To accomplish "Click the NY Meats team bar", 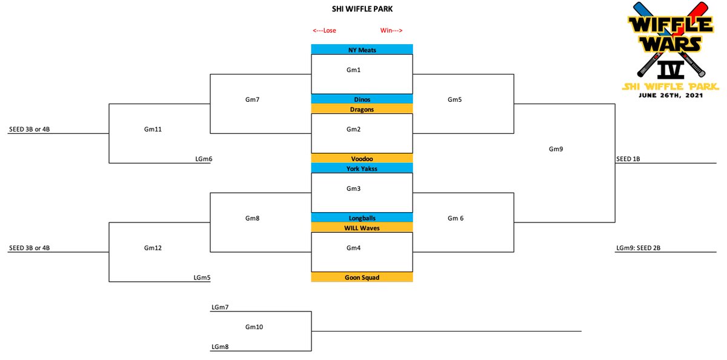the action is tap(362, 49).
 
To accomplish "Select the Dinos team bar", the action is tap(362, 99).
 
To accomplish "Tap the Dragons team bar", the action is tap(362, 108).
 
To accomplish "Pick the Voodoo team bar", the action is tap(362, 158).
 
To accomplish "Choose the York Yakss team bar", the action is tap(362, 168).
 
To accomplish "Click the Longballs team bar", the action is tap(362, 218).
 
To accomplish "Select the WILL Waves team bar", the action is tap(362, 227).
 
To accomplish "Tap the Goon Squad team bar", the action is tap(362, 277).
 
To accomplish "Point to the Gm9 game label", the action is tap(556, 149).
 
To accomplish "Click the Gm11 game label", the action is tap(153, 129).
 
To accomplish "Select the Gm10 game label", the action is tap(254, 327).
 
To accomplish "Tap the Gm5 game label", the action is tap(454, 99).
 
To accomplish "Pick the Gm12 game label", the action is tap(153, 248).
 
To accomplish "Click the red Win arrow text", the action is tap(391, 30).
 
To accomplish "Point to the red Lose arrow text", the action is tap(324, 30).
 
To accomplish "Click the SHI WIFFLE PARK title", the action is tap(362, 9).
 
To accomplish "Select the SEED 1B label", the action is tap(628, 159).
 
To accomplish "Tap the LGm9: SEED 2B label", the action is tap(638, 248).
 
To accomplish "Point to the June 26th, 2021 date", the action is tap(671, 95).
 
